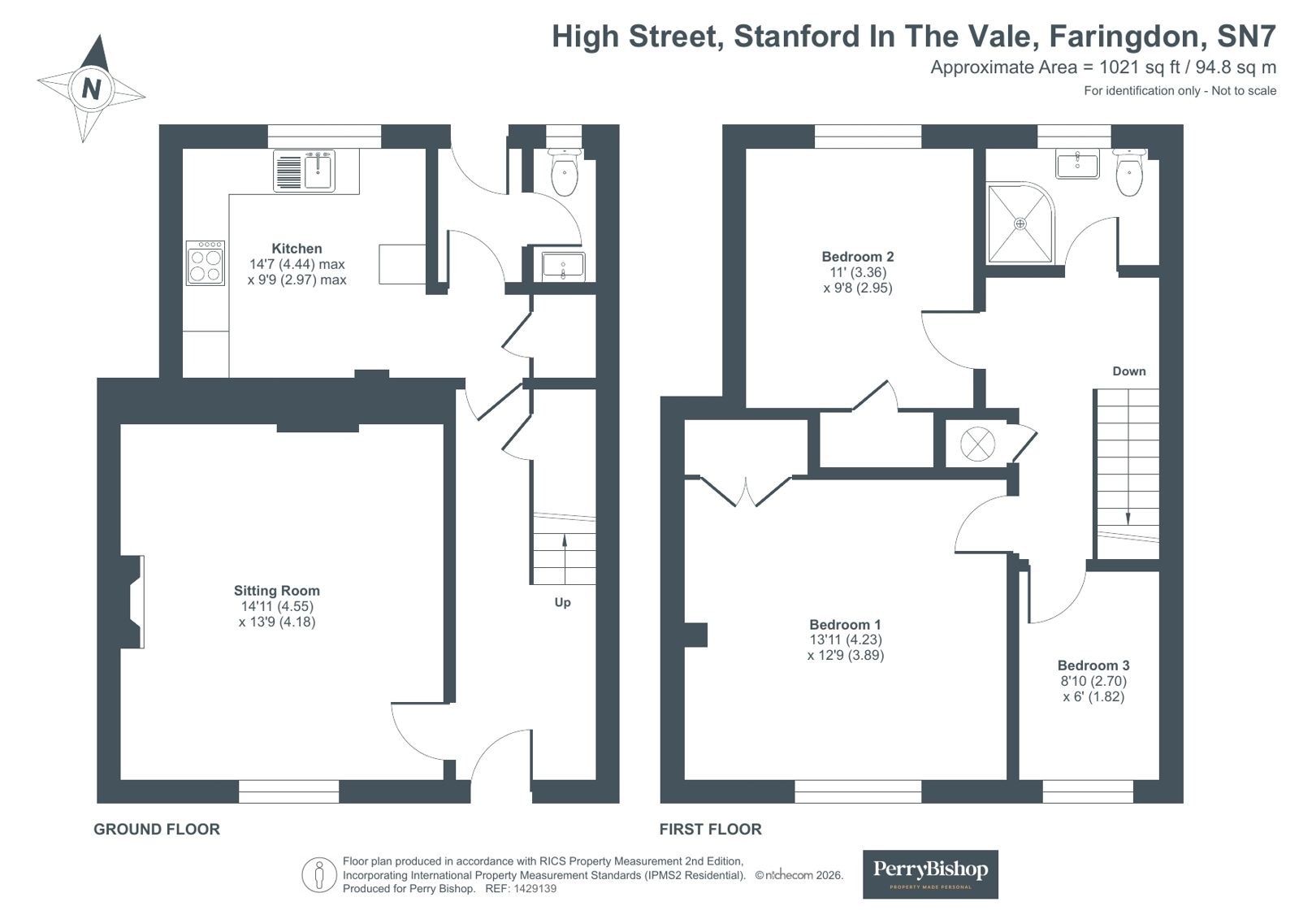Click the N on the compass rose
point(91,89)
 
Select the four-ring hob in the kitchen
point(206,262)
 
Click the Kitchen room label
point(297,249)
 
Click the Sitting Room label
point(277,591)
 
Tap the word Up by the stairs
point(562,603)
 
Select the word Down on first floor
point(1128,371)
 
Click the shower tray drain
point(1020,223)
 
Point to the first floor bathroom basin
point(1077,163)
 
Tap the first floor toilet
point(1128,172)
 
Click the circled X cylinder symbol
point(978,444)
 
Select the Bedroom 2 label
point(858,257)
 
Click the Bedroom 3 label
point(1093,665)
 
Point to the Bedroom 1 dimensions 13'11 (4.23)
point(846,639)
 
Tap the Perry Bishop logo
point(930,874)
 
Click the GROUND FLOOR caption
point(157,830)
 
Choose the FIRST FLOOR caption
point(710,830)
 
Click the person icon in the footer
point(319,875)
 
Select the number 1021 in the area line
point(1119,67)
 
